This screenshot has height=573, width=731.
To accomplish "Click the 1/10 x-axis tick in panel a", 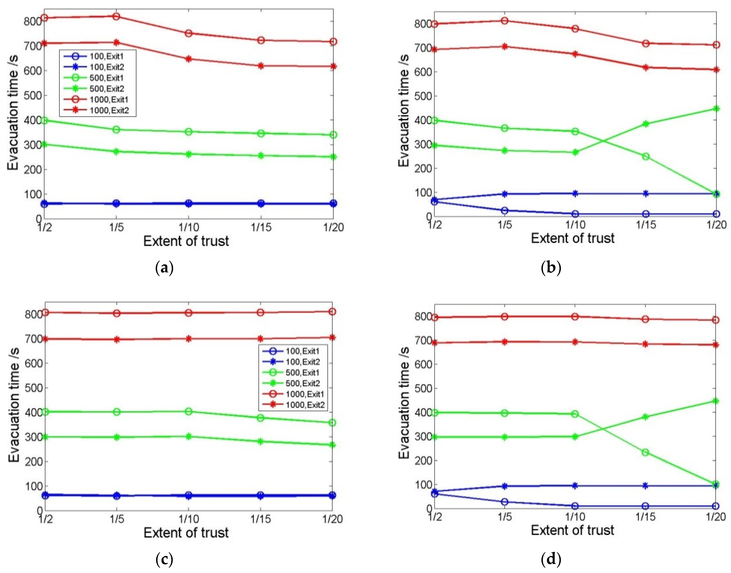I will [x=189, y=227].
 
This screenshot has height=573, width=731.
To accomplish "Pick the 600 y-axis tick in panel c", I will [x=33, y=363].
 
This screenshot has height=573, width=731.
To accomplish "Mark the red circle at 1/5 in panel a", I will [x=116, y=16].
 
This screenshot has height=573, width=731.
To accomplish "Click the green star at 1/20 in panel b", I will [x=716, y=109].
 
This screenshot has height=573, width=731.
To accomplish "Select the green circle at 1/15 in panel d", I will [x=645, y=452].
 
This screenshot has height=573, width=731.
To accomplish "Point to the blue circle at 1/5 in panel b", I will [x=504, y=211].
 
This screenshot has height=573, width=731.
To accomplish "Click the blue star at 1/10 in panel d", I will [x=575, y=485].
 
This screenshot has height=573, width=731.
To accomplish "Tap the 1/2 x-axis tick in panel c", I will [x=45, y=519].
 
